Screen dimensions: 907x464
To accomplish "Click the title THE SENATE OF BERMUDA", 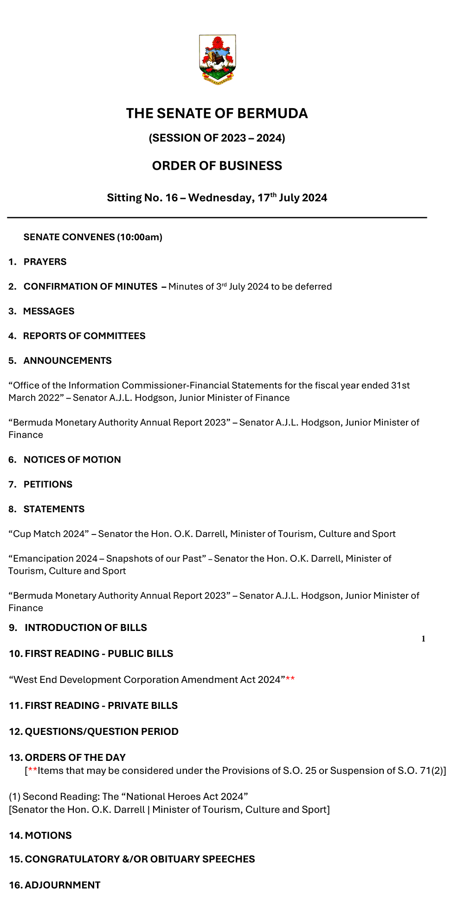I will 217,114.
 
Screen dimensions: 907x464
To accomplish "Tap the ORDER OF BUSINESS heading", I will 217,166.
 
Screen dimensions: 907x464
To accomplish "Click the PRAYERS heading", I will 45,262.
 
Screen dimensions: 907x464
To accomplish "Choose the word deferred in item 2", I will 313,287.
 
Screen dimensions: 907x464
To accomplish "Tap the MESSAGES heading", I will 49,311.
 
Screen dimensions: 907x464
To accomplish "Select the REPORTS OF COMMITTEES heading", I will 84,336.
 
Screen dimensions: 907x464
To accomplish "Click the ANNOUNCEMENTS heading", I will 68,361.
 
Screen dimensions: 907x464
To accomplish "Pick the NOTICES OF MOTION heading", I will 72,460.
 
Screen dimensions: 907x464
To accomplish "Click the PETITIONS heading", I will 48,484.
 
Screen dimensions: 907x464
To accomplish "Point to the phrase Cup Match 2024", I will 49,534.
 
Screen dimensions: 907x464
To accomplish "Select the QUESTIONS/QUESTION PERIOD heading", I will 101,732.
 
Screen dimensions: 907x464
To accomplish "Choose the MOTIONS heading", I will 48,836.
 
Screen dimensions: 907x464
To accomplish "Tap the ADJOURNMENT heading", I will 62,885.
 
